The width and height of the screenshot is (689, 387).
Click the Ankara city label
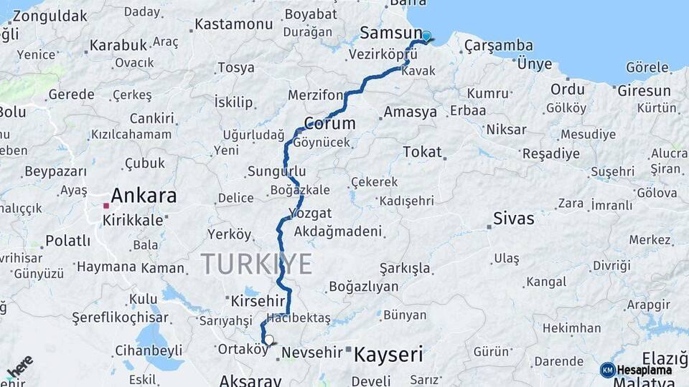coord(144,196)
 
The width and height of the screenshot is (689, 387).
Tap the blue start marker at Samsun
coord(426,37)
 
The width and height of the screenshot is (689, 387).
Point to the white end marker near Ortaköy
coord(269,340)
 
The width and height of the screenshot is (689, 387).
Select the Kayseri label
coord(388,353)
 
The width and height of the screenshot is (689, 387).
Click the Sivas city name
coord(513,219)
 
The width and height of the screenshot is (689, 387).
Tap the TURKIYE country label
coord(256,264)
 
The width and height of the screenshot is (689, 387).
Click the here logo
coord(19,366)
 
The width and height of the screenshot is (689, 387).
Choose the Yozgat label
coord(309,213)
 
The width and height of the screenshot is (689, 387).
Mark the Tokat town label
coord(422,152)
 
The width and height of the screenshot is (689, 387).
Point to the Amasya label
coord(410,112)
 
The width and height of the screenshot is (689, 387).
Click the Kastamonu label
coord(234,24)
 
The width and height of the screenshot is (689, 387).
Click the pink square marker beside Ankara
coord(106,206)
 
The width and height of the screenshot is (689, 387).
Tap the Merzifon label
coord(315,95)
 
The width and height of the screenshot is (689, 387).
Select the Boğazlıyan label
coord(363,287)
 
